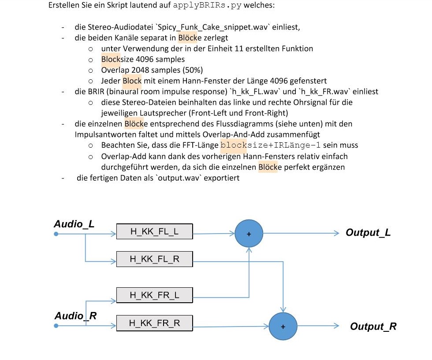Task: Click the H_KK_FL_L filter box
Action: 155,231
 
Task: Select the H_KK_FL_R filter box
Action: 155,259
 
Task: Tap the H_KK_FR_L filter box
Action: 155,295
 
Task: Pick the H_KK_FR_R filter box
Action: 155,323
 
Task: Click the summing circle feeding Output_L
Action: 249,234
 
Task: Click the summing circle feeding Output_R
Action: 283,327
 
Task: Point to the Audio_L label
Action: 74,224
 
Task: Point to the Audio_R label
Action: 75,315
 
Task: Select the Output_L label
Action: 368,233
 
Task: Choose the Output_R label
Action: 373,327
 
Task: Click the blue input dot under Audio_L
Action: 56,234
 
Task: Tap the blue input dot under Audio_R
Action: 56,326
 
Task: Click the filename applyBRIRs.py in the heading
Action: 207,6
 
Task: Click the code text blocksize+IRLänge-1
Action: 270,145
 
